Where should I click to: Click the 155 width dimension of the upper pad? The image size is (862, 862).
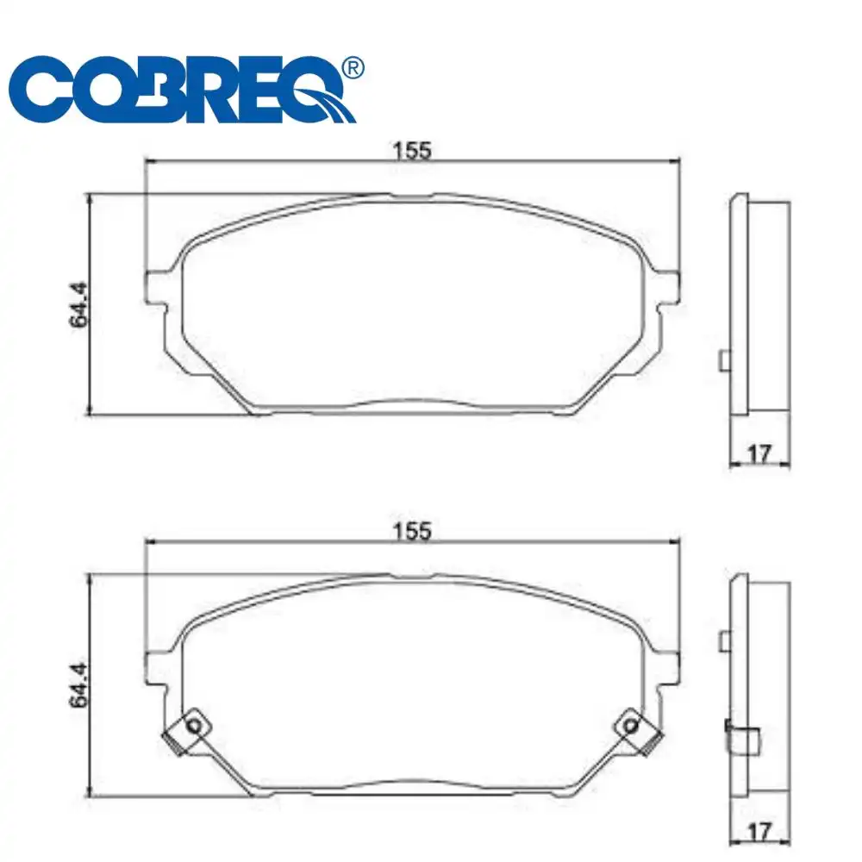tap(412, 150)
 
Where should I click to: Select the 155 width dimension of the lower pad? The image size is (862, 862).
tap(412, 531)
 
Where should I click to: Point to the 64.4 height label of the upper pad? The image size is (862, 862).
tap(80, 303)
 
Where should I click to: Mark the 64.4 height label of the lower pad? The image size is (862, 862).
tap(80, 685)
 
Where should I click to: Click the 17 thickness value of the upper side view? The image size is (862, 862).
tap(759, 452)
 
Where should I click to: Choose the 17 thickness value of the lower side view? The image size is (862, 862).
tap(759, 833)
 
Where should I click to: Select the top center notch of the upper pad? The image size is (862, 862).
tap(412, 196)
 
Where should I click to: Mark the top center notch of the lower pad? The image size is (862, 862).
tap(412, 577)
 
